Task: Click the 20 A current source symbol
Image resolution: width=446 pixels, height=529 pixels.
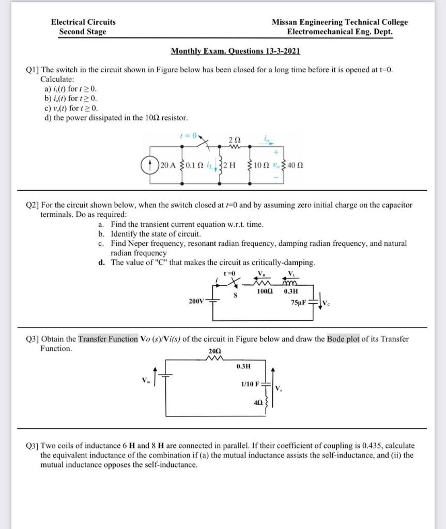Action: [x=150, y=165]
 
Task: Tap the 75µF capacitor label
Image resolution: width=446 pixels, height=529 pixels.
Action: [x=299, y=301]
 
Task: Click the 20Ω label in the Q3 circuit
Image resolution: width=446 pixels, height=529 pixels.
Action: [x=214, y=351]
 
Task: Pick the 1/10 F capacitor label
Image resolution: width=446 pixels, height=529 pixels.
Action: [x=250, y=384]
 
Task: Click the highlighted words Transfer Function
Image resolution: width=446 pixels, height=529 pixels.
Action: [x=108, y=339]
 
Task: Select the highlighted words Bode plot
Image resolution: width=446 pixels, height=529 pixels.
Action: [x=343, y=339]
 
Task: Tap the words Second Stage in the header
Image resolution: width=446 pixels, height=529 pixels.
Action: [x=83, y=32]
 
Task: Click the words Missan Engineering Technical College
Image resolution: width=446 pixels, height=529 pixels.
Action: [x=340, y=22]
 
